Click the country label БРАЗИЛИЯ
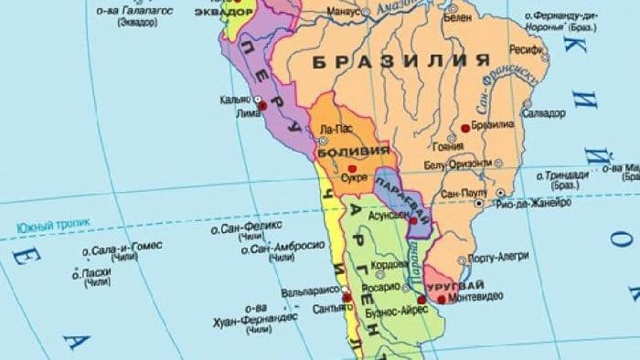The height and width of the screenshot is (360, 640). tap(400, 62)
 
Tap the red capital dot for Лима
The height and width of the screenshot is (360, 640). tap(263, 106)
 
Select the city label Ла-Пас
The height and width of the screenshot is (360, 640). tap(331, 131)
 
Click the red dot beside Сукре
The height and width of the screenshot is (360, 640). tap(352, 168)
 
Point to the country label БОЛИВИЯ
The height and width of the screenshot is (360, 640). tap(355, 150)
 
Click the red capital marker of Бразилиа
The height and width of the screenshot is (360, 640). tap(465, 129)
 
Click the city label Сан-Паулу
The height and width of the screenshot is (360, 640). tap(464, 194)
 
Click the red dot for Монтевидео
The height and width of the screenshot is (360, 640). tap(442, 298)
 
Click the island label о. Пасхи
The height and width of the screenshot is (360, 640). tap(97, 272)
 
